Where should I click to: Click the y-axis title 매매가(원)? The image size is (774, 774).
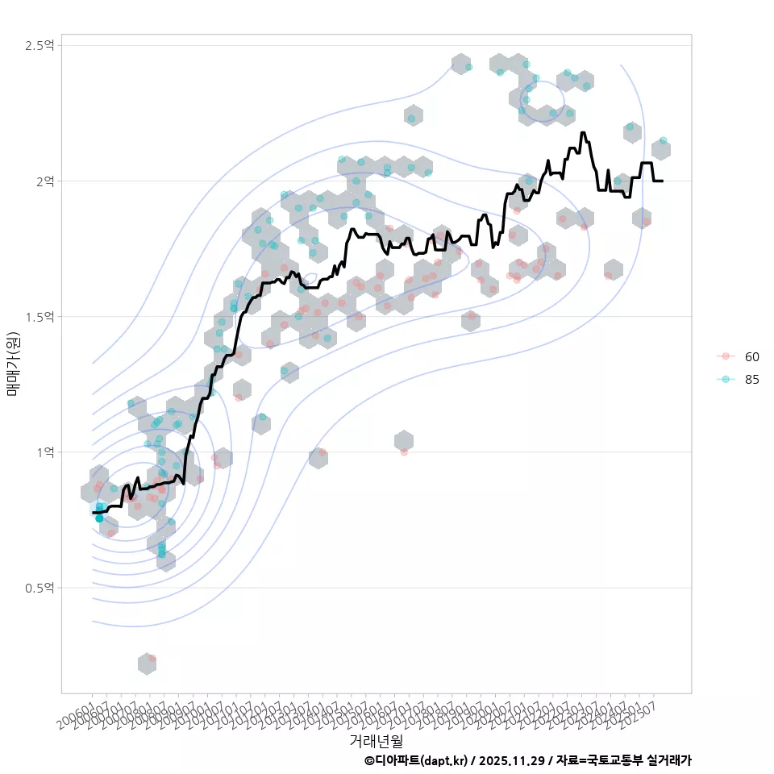coord(13,364)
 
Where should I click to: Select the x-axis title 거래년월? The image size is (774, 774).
coord(377,740)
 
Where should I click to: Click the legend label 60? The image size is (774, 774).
coord(752,356)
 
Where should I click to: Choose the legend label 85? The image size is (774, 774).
coord(752,380)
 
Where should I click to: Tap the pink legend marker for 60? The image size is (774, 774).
coord(726,356)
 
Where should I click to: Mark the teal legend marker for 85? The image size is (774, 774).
coord(726,380)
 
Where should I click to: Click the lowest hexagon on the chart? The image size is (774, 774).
coord(147,664)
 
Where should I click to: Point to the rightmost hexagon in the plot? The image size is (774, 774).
coord(661,149)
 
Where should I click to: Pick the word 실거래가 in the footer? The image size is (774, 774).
coord(670,760)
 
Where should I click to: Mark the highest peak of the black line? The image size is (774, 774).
coord(582,132)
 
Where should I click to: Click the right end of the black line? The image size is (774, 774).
coord(662,181)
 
